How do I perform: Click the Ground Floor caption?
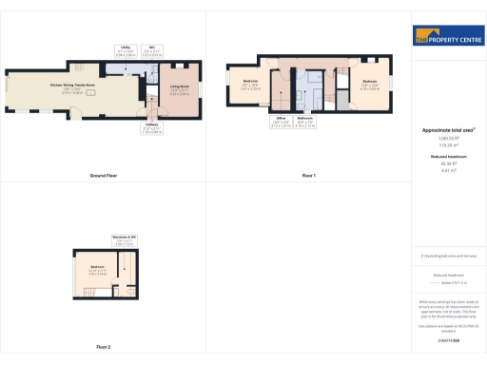[103, 176]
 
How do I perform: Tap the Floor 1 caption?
[308, 176]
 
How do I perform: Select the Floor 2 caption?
[103, 347]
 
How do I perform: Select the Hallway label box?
[151, 129]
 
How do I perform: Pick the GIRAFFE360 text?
[445, 338]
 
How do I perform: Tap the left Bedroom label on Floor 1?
[250, 83]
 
